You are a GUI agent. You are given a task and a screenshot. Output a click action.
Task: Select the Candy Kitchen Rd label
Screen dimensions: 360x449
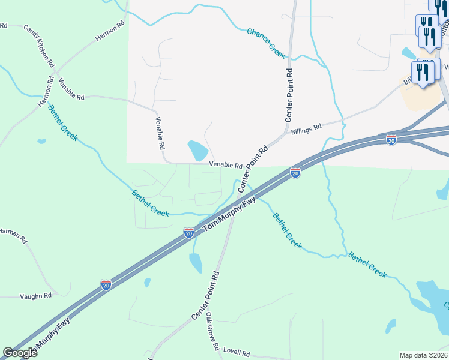40,46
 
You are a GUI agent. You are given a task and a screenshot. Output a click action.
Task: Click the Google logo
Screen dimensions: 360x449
20,353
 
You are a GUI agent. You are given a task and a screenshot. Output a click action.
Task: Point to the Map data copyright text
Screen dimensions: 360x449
423,355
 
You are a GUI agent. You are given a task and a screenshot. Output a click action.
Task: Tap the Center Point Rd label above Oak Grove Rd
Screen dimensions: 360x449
205,295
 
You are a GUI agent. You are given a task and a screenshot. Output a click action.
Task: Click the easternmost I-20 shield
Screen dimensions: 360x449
391,139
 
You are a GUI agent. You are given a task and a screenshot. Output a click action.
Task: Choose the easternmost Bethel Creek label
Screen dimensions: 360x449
367,263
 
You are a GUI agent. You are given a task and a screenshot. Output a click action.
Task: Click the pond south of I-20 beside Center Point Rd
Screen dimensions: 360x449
196,262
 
